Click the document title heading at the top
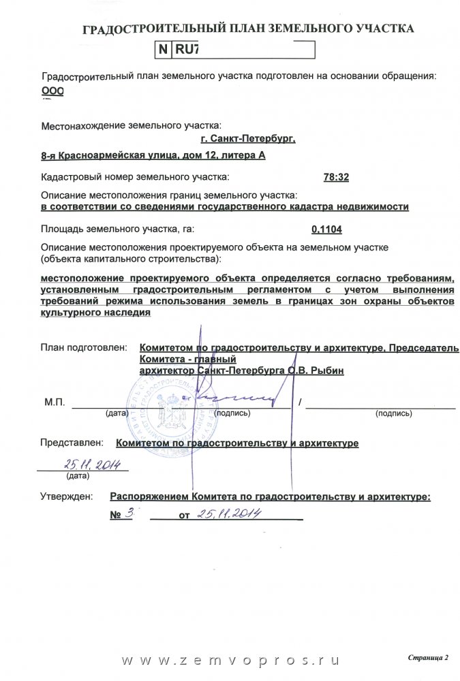point(247,29)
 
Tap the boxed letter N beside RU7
point(164,50)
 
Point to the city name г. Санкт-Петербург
point(248,139)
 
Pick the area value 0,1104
point(326,230)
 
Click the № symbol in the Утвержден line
point(116,515)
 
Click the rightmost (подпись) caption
point(393,413)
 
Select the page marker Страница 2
point(429,658)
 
